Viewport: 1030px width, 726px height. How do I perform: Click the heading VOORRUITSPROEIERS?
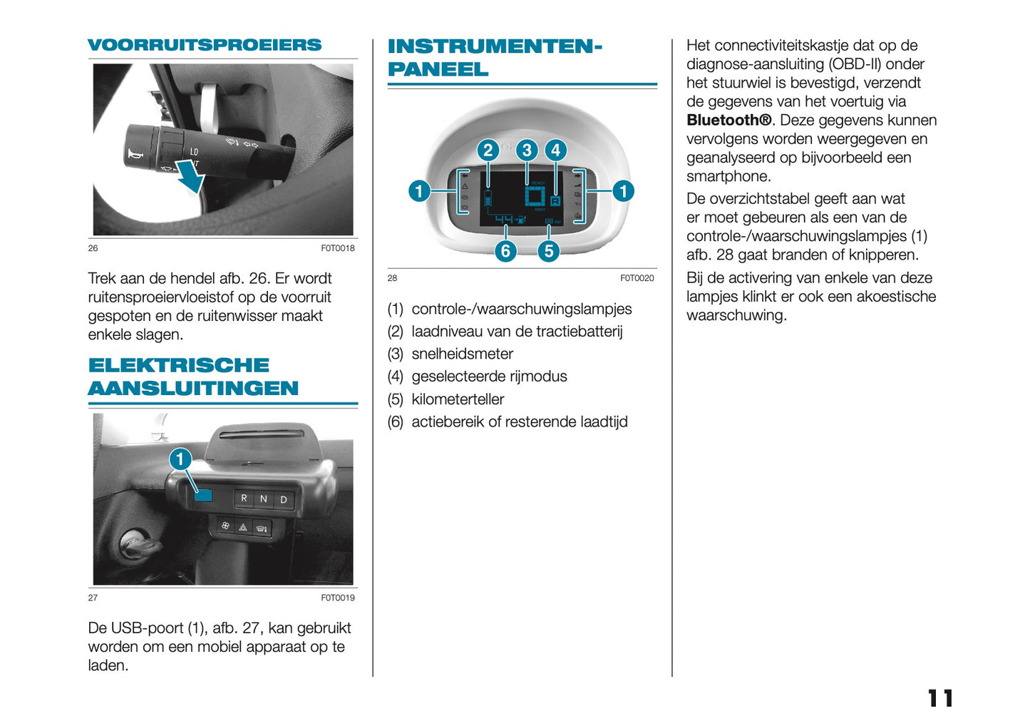(205, 45)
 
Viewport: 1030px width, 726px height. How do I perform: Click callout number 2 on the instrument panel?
(488, 150)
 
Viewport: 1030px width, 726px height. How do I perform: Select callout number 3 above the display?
(527, 150)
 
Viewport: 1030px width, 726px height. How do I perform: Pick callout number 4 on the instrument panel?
(556, 150)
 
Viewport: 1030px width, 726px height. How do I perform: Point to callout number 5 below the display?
(548, 251)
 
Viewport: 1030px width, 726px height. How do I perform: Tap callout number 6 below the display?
(505, 251)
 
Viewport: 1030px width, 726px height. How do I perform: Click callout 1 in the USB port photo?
(180, 459)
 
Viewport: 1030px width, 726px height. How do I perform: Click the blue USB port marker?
(203, 495)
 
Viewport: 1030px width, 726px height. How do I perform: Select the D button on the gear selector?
(283, 499)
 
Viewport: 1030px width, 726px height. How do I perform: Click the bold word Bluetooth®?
(728, 120)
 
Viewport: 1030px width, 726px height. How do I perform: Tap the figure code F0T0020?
(637, 278)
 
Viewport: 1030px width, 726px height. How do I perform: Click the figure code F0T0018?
(337, 248)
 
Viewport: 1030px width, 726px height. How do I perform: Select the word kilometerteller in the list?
(458, 399)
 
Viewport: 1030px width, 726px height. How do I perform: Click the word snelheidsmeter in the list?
(462, 354)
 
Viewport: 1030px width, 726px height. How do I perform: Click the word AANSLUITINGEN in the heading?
(193, 389)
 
